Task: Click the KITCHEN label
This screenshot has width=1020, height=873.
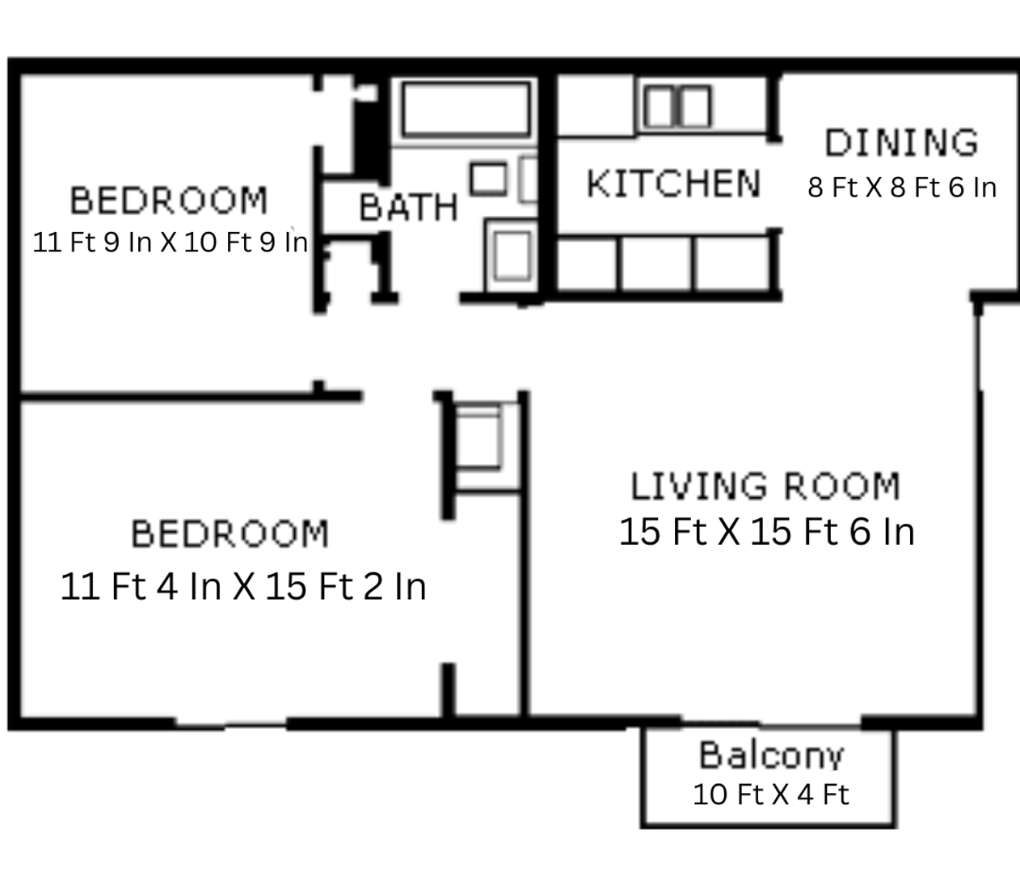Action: [x=673, y=183]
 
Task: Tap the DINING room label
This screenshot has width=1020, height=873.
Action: [x=901, y=143]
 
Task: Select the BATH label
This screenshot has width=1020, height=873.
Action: [x=408, y=208]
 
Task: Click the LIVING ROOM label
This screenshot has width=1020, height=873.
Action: [x=765, y=487]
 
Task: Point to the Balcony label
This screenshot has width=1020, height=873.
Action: [x=771, y=755]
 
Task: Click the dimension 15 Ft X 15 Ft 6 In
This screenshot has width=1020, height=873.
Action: [x=766, y=532]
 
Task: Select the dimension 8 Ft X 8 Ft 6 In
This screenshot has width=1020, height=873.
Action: [x=902, y=188]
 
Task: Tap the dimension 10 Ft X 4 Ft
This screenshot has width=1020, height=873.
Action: [x=771, y=794]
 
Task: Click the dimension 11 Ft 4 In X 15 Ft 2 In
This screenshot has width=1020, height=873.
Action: [x=243, y=586]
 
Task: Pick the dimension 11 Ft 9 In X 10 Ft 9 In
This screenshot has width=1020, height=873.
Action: [x=171, y=242]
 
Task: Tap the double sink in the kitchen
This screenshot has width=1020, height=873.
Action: [x=677, y=107]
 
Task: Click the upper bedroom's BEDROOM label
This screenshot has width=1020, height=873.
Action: [x=168, y=200]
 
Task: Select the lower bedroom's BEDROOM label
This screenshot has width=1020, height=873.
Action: [x=230, y=534]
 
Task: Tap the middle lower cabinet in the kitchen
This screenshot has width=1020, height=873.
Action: [x=655, y=264]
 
